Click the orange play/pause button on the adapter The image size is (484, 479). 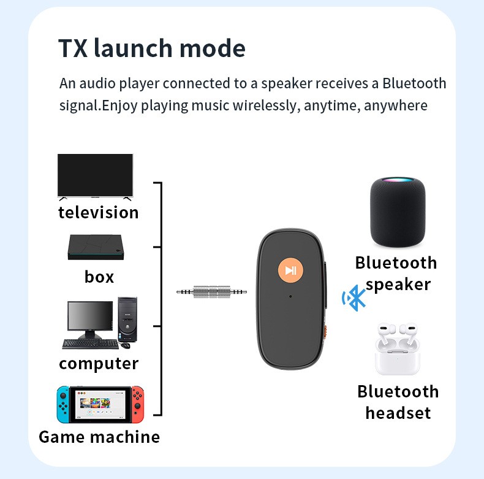290,270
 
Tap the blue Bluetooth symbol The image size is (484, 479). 354,298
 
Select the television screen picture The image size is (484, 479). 95,175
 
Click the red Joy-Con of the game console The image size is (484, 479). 138,404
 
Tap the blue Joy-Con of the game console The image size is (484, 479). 63,404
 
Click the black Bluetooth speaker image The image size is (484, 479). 397,210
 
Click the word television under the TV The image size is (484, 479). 98,213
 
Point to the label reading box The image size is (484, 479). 99,277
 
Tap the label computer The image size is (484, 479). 99,364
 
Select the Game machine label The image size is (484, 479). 99,437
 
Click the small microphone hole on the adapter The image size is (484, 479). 290,297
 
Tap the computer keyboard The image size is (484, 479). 89,343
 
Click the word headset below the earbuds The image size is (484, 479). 398,413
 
